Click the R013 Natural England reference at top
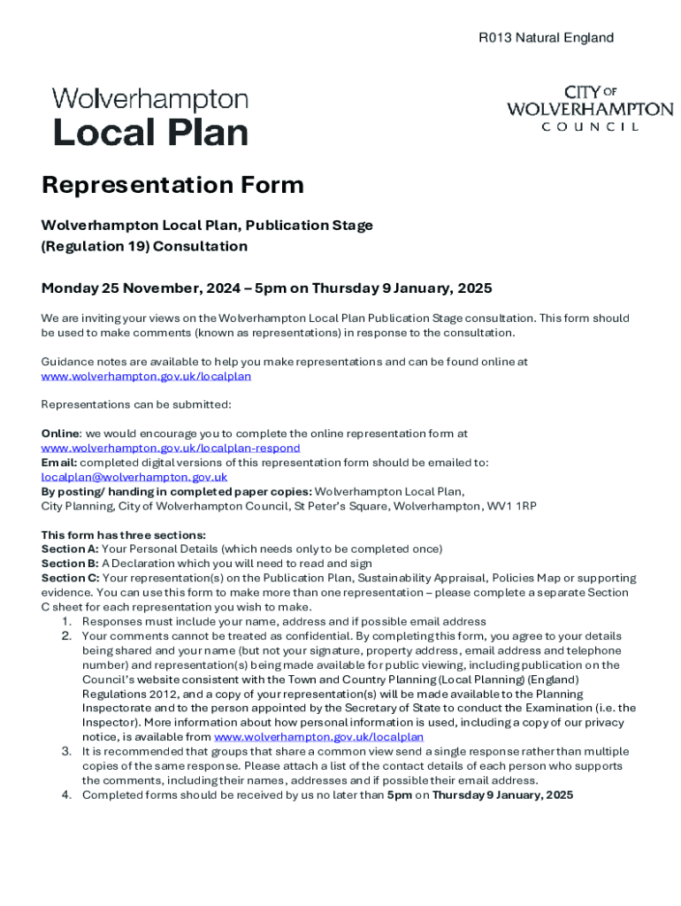click(x=546, y=38)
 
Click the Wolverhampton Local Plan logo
click(x=150, y=117)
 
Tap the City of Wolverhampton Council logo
click(x=589, y=109)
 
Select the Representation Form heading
click(x=172, y=185)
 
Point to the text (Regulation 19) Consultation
click(x=144, y=246)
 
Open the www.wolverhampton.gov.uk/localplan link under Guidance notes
click(x=146, y=376)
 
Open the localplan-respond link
click(x=171, y=448)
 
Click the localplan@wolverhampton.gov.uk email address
click(x=134, y=477)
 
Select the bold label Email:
click(x=59, y=462)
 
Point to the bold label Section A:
click(x=70, y=549)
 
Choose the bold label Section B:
click(x=70, y=564)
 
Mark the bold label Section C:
click(x=70, y=578)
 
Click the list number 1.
click(x=65, y=622)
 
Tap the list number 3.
click(x=65, y=751)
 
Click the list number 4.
click(x=65, y=795)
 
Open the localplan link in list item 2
click(x=318, y=737)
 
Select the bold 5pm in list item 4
click(x=400, y=795)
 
